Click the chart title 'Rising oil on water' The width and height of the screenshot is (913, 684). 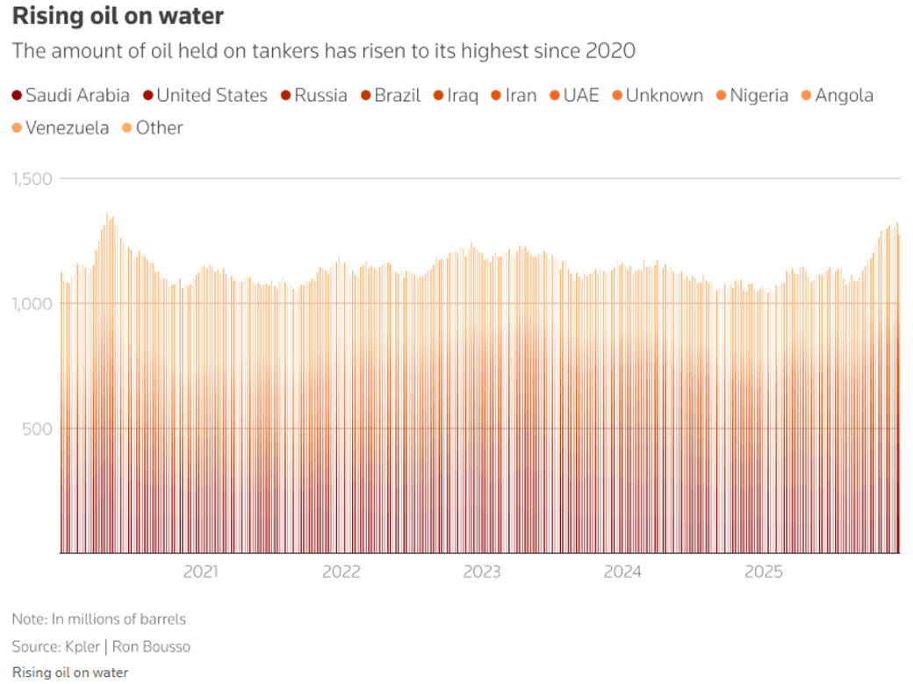pos(118,16)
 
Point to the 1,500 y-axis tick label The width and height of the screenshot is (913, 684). pos(32,179)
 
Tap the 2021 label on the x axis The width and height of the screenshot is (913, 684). pos(200,572)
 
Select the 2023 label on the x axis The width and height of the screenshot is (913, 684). pos(482,572)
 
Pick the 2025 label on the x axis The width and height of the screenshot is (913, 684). pos(763,572)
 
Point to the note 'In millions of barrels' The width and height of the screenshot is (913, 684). pos(119,619)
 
